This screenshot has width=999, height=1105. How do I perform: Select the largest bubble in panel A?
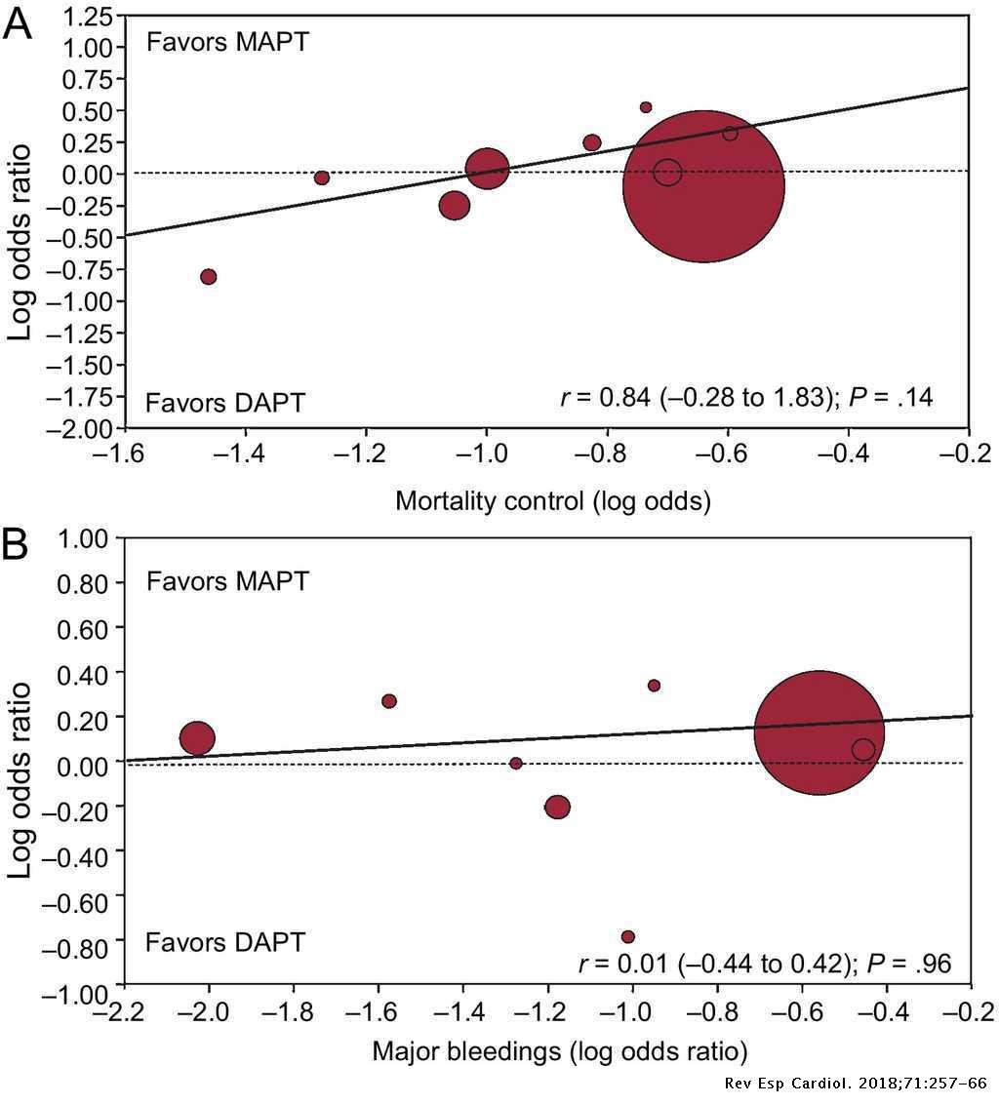click(x=703, y=186)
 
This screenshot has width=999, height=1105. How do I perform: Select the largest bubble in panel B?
click(x=819, y=733)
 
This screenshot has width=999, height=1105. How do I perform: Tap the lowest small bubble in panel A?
click(x=208, y=277)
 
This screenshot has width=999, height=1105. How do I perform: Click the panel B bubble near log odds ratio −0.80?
click(x=628, y=937)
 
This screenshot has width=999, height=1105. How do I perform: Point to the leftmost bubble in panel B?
click(x=198, y=739)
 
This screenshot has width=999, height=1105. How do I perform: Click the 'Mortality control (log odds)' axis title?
click(x=552, y=501)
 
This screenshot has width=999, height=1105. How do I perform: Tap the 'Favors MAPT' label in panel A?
click(x=227, y=42)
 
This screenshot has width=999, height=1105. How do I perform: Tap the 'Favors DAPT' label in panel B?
click(x=225, y=943)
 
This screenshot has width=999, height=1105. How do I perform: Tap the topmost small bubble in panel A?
click(x=646, y=107)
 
